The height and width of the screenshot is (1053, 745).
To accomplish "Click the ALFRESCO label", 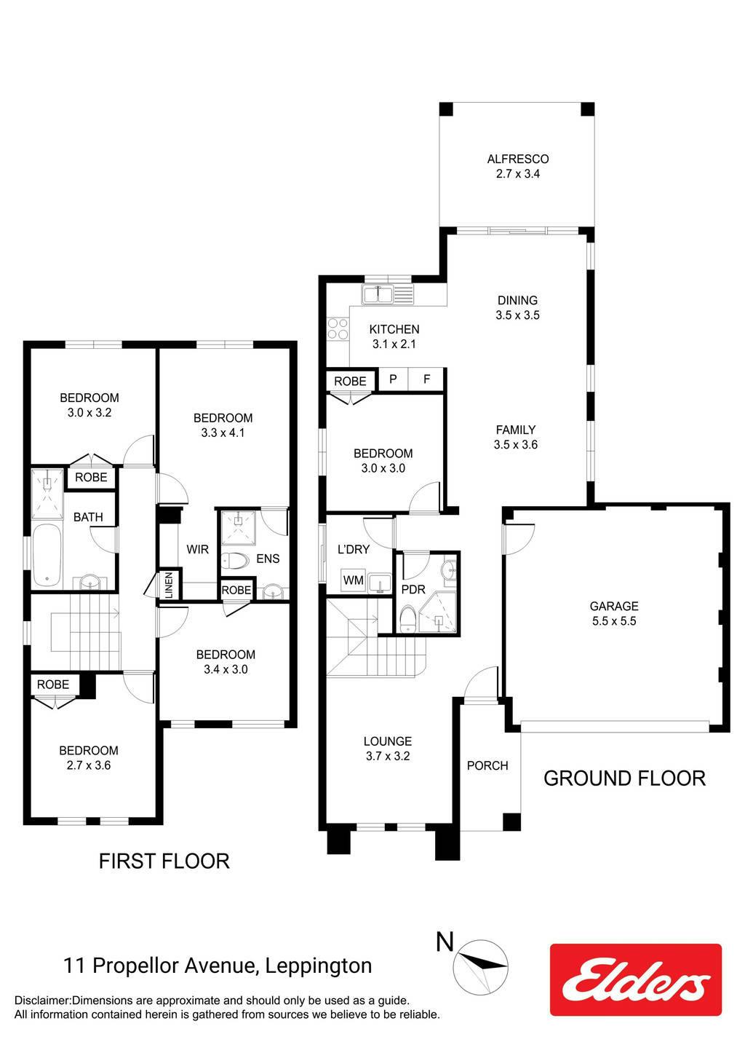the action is [518, 159].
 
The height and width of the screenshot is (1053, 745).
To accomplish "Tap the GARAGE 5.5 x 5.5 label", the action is [614, 613].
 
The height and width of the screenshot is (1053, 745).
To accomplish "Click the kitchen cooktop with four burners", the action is [338, 328].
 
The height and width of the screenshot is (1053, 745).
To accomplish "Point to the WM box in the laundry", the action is [354, 580].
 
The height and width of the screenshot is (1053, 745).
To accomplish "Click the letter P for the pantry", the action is [393, 379].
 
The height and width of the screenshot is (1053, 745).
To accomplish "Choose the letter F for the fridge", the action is [426, 379].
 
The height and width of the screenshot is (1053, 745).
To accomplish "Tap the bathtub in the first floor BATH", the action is [47, 555].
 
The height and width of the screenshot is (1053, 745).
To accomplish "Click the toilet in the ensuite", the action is [235, 560].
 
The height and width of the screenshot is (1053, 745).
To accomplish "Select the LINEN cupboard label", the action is [169, 585].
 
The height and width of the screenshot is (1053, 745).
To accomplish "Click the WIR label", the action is [197, 549].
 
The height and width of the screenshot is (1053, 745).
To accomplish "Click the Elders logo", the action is [636, 979].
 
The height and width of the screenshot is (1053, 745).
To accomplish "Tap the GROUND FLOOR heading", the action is [624, 778].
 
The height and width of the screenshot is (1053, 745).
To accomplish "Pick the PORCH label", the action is [487, 766].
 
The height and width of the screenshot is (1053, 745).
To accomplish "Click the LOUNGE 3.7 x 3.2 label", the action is [388, 749].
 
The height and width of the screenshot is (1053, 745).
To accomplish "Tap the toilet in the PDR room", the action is [407, 620].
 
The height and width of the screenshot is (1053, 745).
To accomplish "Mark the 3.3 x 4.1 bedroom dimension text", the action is [223, 433].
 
